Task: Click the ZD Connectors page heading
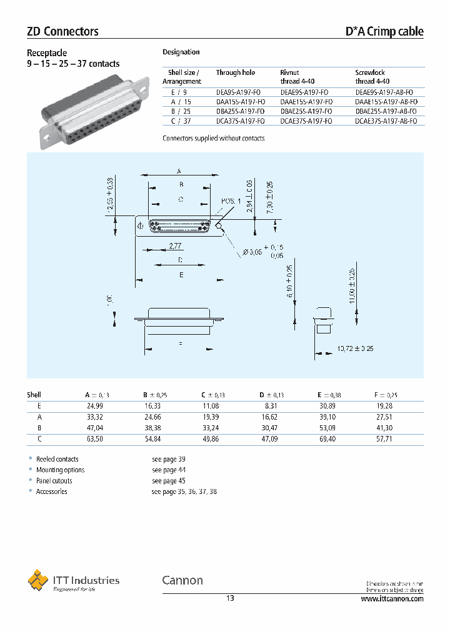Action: [x=62, y=31]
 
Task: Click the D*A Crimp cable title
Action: [x=384, y=31]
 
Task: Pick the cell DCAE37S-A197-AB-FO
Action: [x=386, y=121]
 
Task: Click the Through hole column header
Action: [x=236, y=73]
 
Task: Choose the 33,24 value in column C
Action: [x=211, y=428]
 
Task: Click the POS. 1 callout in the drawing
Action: [x=231, y=201]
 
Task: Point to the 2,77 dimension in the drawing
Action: [x=176, y=246]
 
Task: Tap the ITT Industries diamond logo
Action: [x=38, y=580]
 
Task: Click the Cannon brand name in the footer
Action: [x=182, y=580]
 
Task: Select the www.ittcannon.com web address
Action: [x=392, y=598]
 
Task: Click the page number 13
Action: [x=230, y=598]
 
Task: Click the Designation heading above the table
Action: [x=181, y=52]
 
